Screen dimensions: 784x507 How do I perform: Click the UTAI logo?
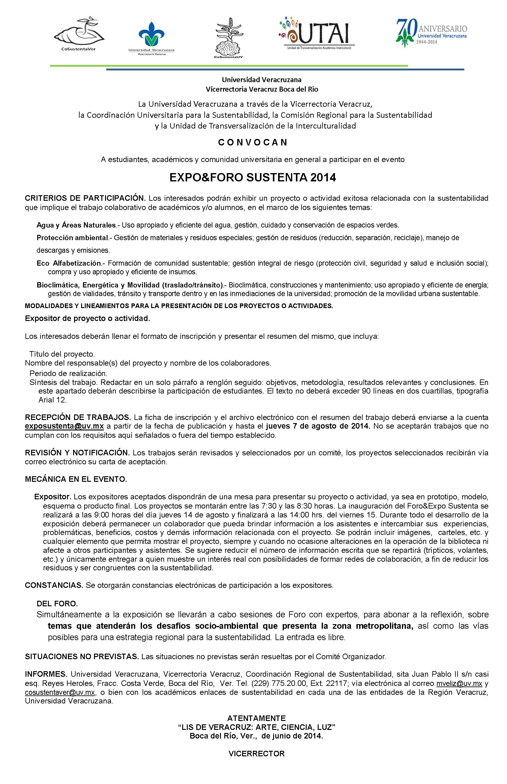(x=316, y=34)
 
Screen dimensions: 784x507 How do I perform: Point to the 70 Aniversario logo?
(x=431, y=33)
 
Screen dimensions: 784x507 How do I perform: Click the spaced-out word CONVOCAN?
(x=253, y=142)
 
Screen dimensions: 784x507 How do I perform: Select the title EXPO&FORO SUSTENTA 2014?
(x=253, y=178)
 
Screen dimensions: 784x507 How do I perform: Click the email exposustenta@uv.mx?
(x=65, y=426)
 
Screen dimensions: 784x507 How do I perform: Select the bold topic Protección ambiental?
(x=73, y=237)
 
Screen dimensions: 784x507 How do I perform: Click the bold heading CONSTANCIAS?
(x=54, y=585)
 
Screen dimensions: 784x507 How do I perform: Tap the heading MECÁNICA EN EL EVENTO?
(x=76, y=479)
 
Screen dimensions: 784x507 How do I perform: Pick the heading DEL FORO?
(x=57, y=604)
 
